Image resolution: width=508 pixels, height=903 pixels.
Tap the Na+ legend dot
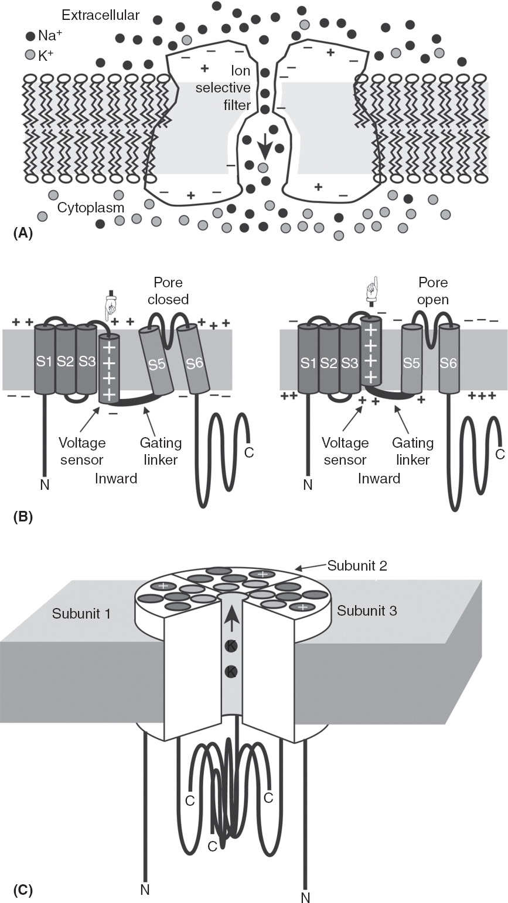(30, 36)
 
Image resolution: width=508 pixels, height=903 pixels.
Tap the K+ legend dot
(30, 54)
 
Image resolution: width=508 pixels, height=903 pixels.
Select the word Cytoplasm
(91, 208)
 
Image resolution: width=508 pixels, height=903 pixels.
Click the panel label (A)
(22, 233)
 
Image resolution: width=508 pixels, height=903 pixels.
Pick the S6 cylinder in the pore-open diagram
(448, 363)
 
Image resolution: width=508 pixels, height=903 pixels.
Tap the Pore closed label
(168, 291)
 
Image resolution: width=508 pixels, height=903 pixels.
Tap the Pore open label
(433, 291)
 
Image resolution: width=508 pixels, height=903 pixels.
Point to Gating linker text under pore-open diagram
(412, 451)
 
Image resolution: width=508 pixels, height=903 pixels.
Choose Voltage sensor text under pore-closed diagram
(81, 451)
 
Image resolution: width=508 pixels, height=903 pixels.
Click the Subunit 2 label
(357, 566)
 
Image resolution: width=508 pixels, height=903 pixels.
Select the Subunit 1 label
(81, 614)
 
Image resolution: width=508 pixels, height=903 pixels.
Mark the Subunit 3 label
(367, 611)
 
